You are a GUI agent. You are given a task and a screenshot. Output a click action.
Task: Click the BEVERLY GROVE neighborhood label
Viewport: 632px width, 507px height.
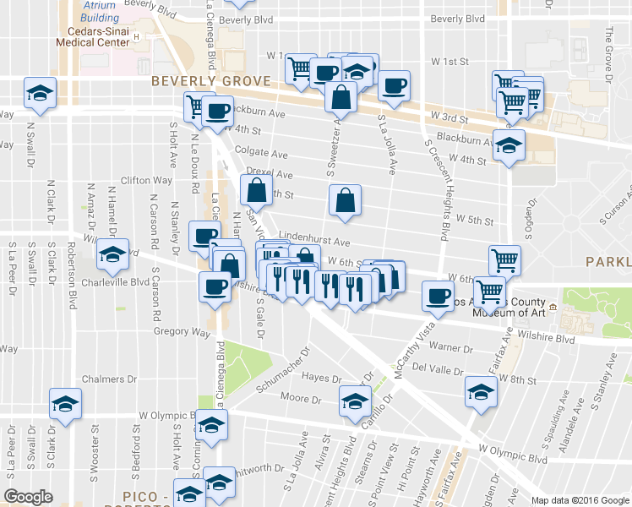pyautogui.click(x=211, y=81)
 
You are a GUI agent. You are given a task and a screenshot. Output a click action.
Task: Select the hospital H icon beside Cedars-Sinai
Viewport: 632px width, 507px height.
pyautogui.click(x=136, y=38)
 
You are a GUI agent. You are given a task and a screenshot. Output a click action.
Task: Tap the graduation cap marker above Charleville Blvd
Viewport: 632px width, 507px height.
pyautogui.click(x=112, y=253)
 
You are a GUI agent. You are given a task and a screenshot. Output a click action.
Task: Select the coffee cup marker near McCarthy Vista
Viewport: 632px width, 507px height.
pyautogui.click(x=438, y=296)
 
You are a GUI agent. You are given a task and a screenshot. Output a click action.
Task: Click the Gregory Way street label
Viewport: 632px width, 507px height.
pyautogui.click(x=182, y=332)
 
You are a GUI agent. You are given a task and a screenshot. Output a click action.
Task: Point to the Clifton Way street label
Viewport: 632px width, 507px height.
pyautogui.click(x=146, y=180)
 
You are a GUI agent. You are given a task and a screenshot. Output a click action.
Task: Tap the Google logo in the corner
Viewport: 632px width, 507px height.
pyautogui.click(x=29, y=497)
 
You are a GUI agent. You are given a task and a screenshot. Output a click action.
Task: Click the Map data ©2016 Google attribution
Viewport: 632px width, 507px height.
pyautogui.click(x=579, y=500)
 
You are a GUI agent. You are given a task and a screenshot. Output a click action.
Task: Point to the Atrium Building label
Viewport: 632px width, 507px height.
pyautogui.click(x=101, y=11)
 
